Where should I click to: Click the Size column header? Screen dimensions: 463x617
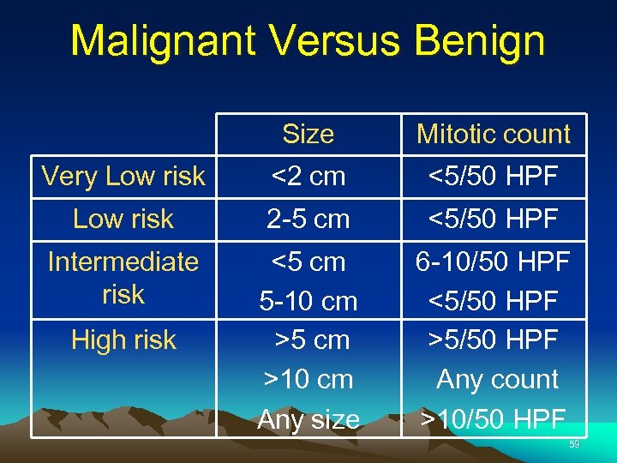pyautogui.click(x=308, y=135)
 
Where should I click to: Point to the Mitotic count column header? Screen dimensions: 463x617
pyautogui.click(x=493, y=135)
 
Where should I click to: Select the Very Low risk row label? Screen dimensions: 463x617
pyautogui.click(x=123, y=177)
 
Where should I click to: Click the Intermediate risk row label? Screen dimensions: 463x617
pyautogui.click(x=123, y=278)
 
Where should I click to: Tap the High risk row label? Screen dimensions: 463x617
pyautogui.click(x=123, y=340)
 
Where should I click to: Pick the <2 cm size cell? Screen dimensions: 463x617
pyautogui.click(x=308, y=177)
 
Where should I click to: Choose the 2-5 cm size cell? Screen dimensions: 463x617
pyautogui.click(x=308, y=219)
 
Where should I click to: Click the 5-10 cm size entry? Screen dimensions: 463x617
pyautogui.click(x=308, y=301)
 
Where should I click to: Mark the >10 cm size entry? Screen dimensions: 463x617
pyautogui.click(x=308, y=379)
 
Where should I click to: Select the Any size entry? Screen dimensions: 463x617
pyautogui.click(x=308, y=419)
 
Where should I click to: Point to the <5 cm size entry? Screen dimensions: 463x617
pyautogui.click(x=308, y=262)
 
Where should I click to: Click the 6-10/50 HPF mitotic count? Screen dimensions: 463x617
pyautogui.click(x=493, y=262)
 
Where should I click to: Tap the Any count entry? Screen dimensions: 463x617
pyautogui.click(x=497, y=379)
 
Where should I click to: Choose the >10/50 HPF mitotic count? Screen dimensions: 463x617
pyautogui.click(x=493, y=419)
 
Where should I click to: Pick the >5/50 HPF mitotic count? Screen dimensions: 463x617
pyautogui.click(x=493, y=340)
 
